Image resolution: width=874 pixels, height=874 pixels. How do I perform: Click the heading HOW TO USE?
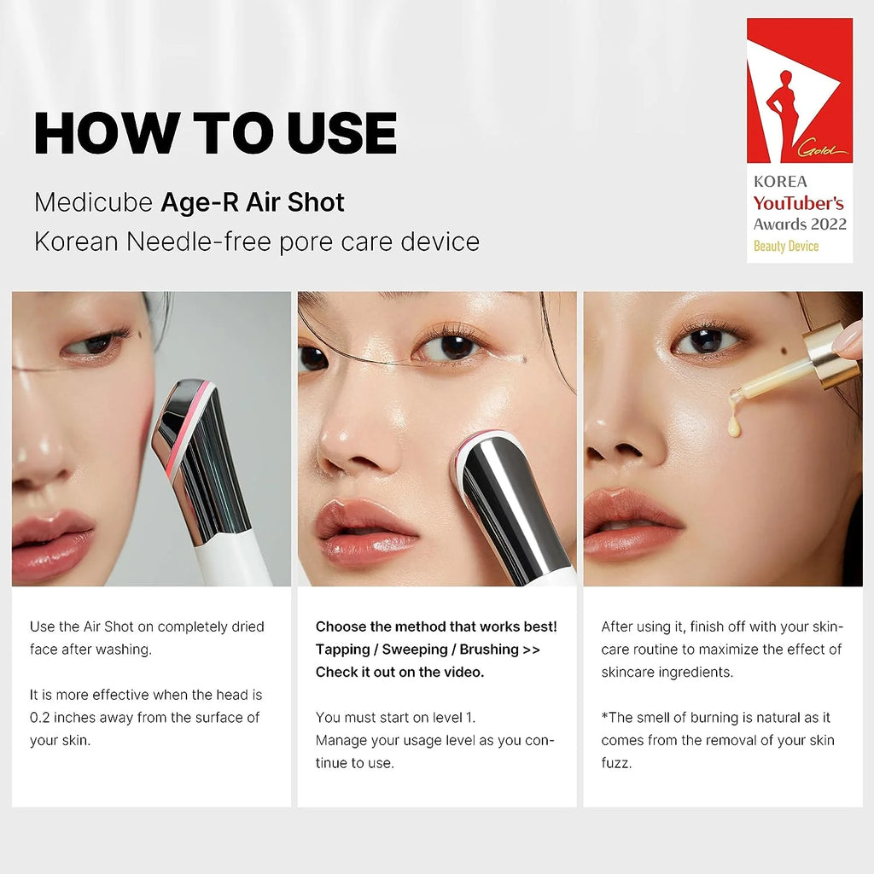215,132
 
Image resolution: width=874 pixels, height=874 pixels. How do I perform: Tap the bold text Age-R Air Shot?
253,202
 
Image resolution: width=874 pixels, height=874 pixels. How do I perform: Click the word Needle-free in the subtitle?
200,242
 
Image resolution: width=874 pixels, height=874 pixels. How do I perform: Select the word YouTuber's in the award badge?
798,203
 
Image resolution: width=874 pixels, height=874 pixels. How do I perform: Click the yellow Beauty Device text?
785,246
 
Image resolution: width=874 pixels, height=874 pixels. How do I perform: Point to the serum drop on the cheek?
733,424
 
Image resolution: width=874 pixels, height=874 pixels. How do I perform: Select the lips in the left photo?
51,542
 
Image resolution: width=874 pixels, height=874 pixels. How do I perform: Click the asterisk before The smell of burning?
604,718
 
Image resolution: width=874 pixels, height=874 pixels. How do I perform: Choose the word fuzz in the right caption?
615,763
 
